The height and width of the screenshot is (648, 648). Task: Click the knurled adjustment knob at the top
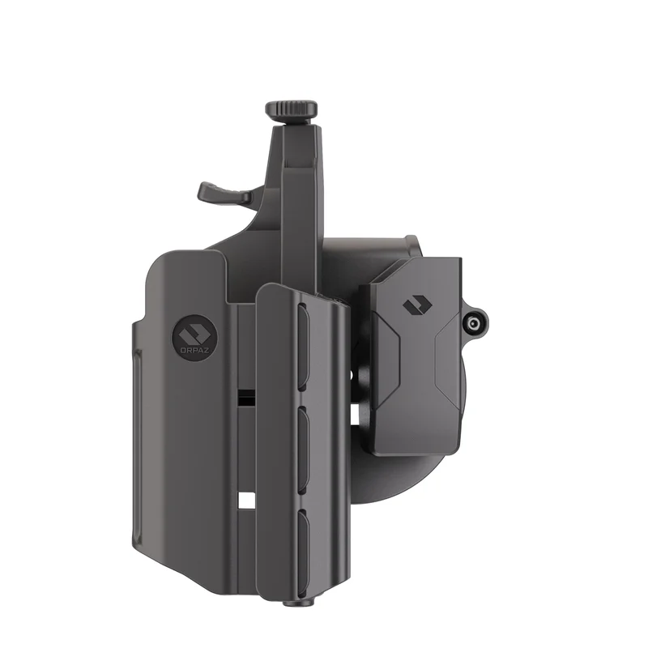(292, 109)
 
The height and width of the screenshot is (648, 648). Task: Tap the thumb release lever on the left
(224, 193)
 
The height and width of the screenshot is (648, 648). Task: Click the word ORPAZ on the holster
(194, 350)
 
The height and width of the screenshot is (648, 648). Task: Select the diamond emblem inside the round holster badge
(194, 333)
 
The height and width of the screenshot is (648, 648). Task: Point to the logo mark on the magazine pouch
(417, 306)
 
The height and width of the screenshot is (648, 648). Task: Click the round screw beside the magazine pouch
(475, 322)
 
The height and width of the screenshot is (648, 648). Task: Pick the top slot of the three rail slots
(303, 347)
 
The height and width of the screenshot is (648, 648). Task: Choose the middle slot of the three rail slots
(303, 450)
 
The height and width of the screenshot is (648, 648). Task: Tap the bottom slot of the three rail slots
(303, 554)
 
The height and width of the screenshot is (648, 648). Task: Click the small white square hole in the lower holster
(246, 500)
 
